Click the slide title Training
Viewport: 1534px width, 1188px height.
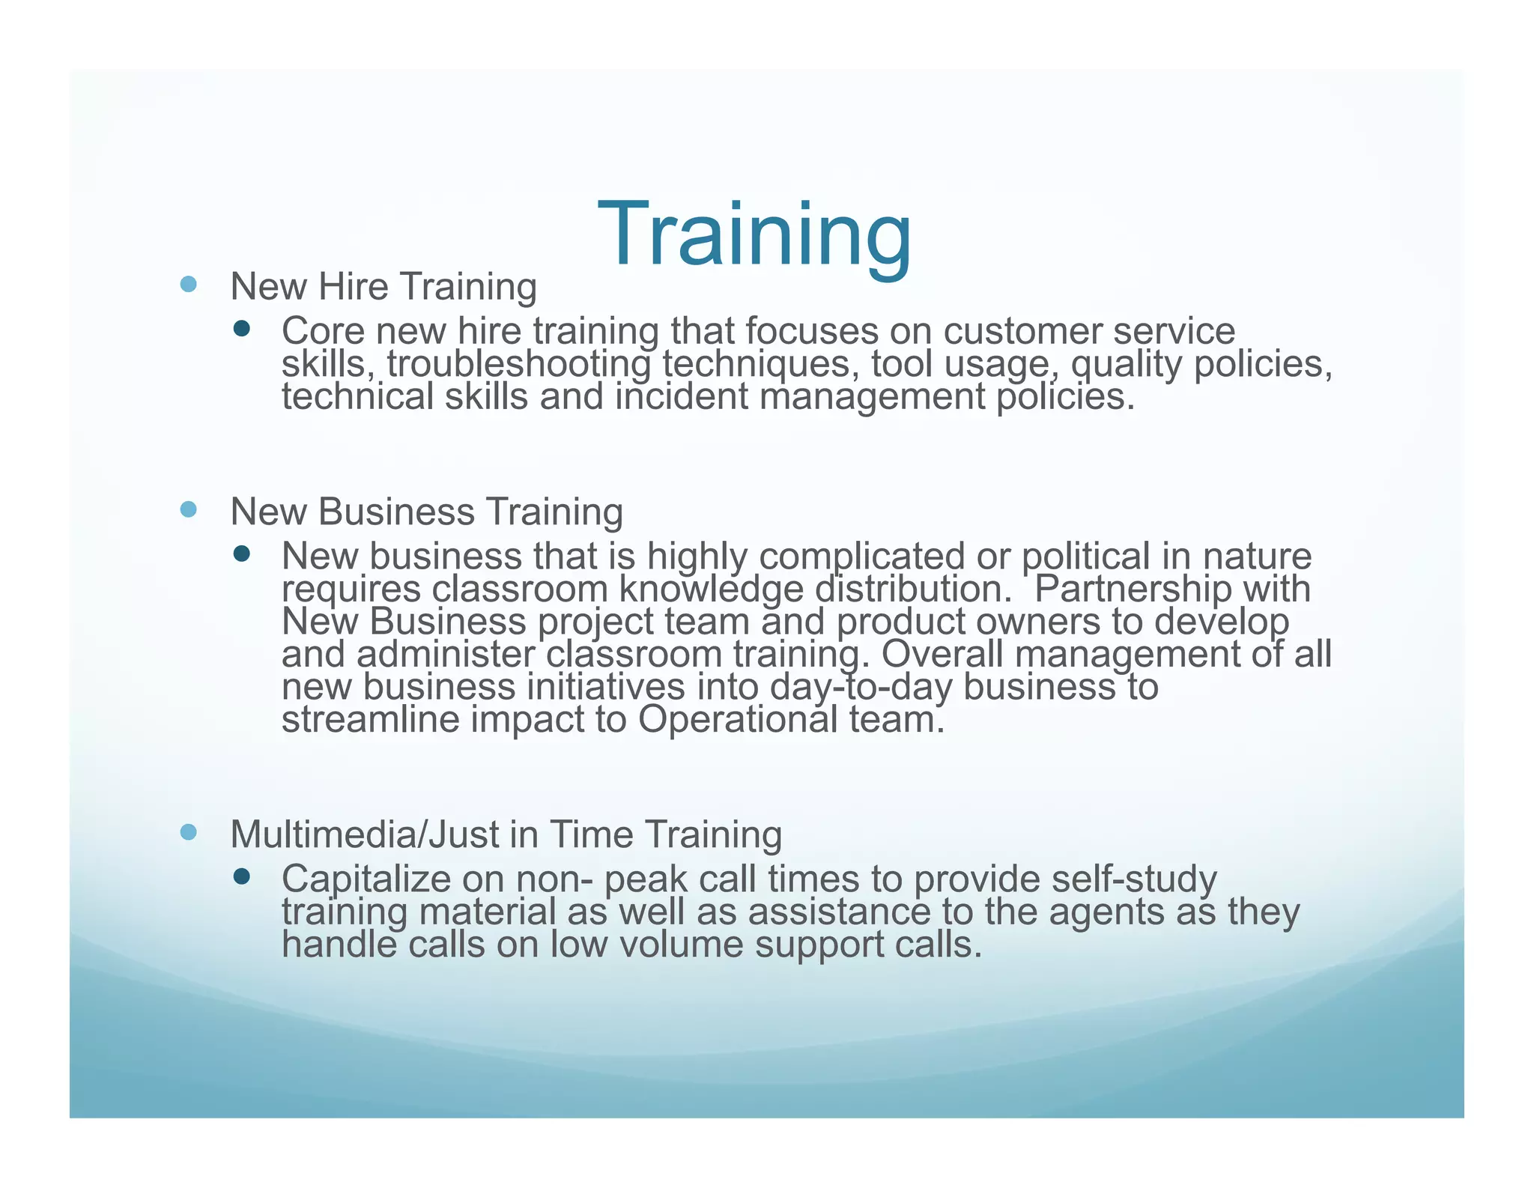754,234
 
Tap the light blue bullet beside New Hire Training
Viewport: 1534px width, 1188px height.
189,284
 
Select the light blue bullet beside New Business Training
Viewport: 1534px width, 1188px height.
189,510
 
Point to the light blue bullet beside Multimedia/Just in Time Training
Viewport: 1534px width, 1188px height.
189,832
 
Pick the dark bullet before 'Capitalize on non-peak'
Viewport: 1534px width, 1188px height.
241,876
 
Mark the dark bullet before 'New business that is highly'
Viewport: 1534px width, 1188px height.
241,554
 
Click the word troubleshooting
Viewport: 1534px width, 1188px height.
519,365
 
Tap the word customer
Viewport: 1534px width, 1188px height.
1022,331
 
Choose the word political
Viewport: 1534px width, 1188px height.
1085,557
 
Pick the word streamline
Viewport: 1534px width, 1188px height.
370,720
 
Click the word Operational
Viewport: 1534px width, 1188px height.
738,720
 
